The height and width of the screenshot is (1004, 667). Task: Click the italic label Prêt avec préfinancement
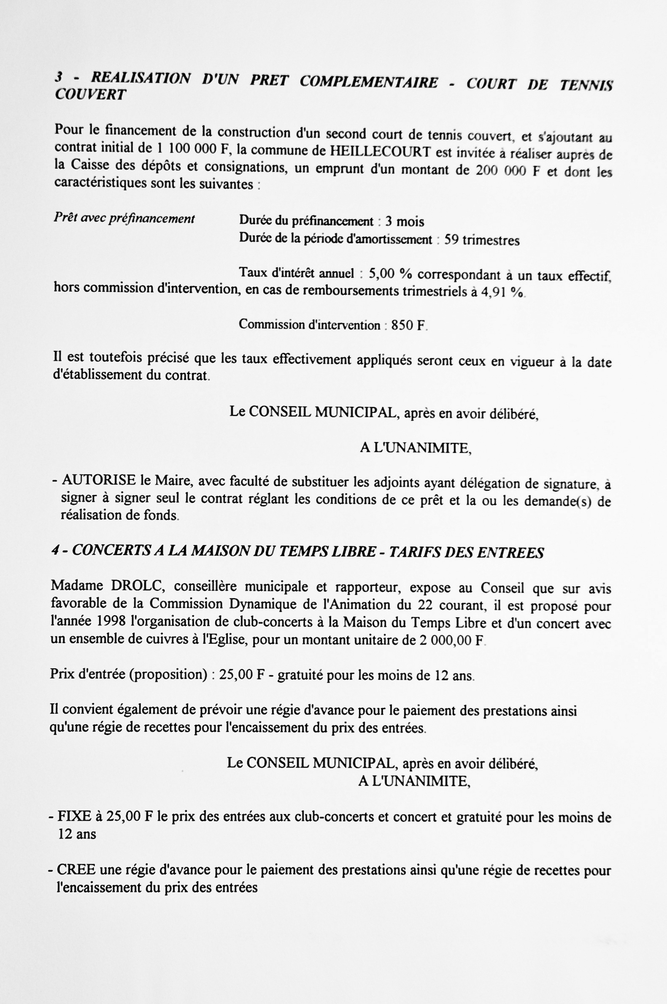click(124, 218)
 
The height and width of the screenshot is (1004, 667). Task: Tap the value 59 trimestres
click(482, 241)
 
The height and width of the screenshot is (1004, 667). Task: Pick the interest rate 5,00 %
click(390, 274)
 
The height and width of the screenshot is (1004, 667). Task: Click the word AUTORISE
click(99, 480)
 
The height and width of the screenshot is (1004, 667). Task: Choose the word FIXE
click(74, 816)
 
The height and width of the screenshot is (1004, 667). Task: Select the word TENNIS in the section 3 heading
click(586, 85)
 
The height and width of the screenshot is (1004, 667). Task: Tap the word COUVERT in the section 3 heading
click(90, 94)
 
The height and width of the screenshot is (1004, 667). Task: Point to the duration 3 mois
click(405, 222)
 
